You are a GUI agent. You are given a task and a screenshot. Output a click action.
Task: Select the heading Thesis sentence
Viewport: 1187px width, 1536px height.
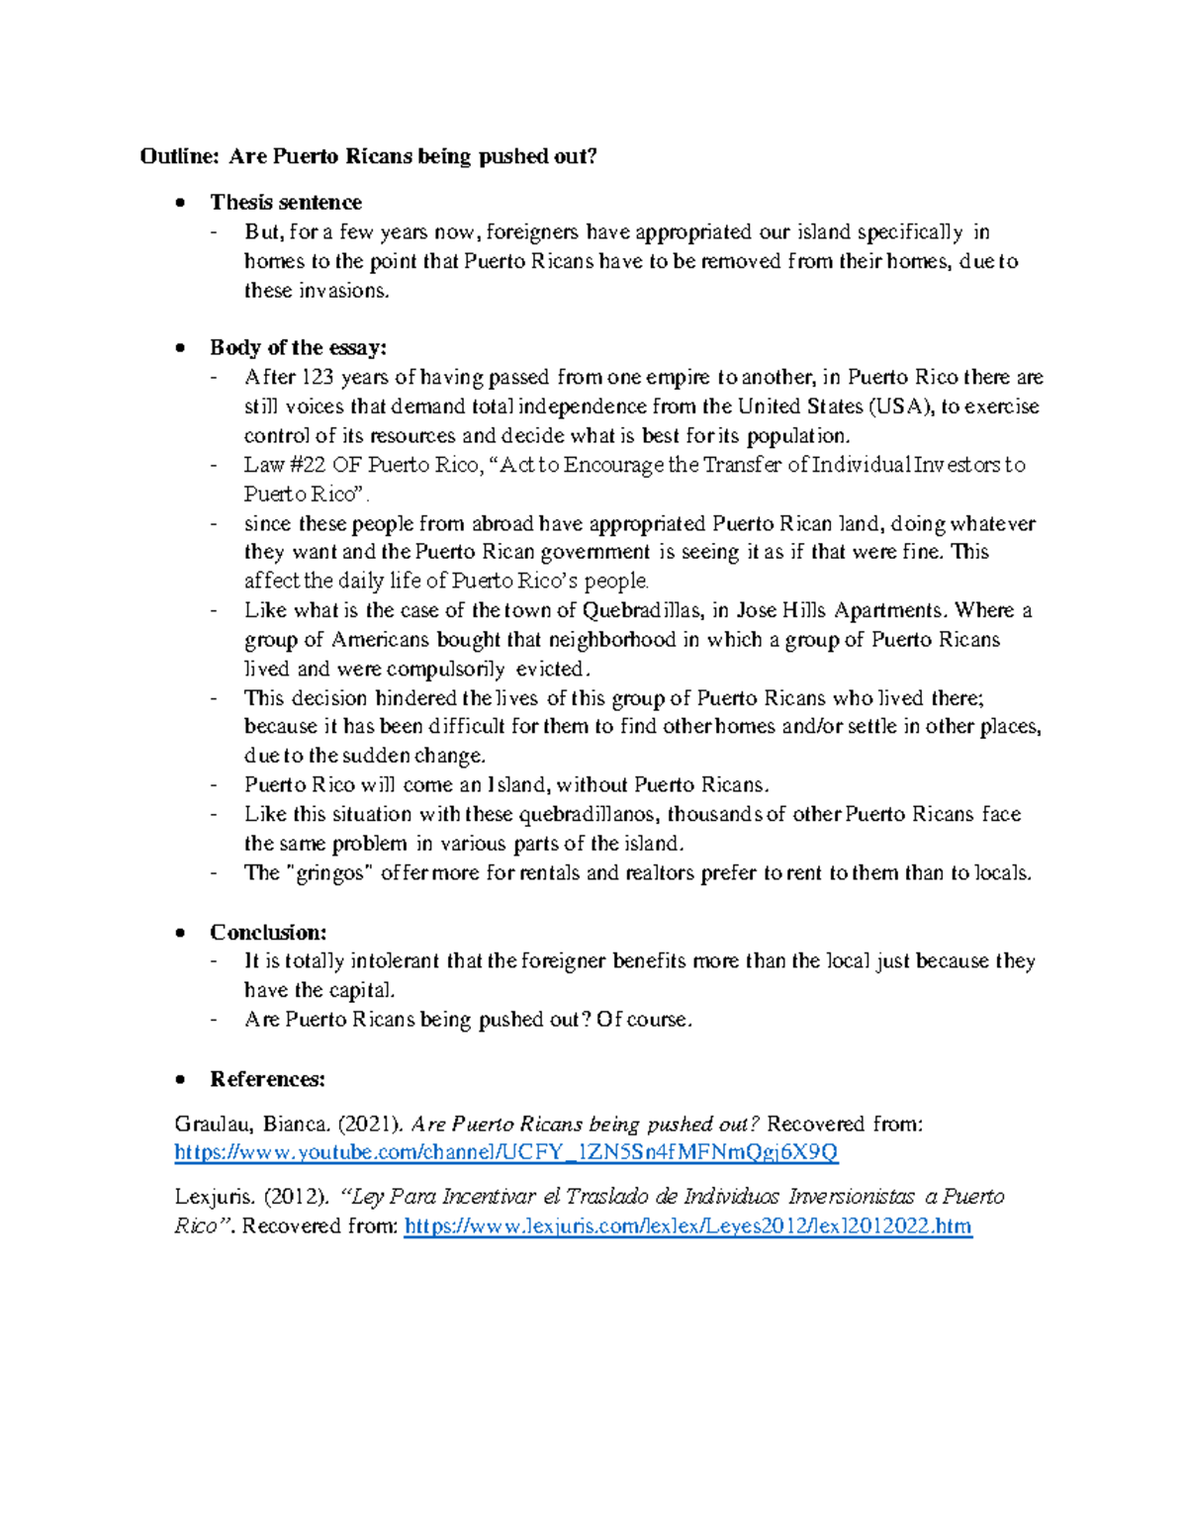pyautogui.click(x=285, y=203)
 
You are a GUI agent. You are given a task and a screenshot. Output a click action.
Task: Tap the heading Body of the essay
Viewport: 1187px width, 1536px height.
pyautogui.click(x=298, y=348)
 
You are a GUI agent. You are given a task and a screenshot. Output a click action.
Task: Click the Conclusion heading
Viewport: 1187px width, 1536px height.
pyautogui.click(x=267, y=933)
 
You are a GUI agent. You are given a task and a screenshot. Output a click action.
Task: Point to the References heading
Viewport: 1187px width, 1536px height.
pyautogui.click(x=267, y=1079)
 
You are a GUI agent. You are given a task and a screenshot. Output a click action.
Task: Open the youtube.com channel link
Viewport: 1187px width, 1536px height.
pyautogui.click(x=505, y=1152)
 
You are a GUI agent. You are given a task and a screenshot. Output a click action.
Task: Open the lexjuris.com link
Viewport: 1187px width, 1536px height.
pyautogui.click(x=688, y=1227)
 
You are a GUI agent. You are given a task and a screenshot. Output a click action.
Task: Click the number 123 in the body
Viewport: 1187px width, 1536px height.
pyautogui.click(x=318, y=378)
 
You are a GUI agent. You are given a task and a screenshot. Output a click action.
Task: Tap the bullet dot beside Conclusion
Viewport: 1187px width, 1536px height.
pyautogui.click(x=179, y=934)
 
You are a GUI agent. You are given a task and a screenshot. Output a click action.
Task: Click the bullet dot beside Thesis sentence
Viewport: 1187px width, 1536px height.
pyautogui.click(x=179, y=204)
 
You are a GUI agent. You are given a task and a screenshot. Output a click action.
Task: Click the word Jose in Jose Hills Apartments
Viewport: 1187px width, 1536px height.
pyautogui.click(x=757, y=610)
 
